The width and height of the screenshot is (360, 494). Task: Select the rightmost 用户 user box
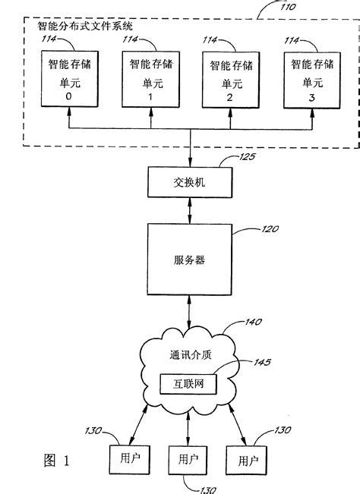247,459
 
